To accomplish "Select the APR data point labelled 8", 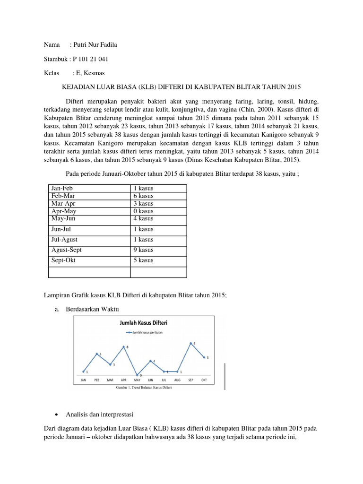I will pyautogui.click(x=124, y=347).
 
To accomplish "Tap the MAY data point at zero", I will pyautogui.click(x=138, y=374).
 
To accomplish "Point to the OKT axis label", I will pyautogui.click(x=204, y=380).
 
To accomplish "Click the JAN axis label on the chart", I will pyautogui.click(x=83, y=380).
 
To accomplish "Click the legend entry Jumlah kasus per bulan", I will pyautogui.click(x=144, y=333).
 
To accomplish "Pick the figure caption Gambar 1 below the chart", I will pyautogui.click(x=144, y=387).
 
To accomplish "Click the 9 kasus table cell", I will pyautogui.click(x=143, y=250).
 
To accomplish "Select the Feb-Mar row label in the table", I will pyautogui.click(x=63, y=196).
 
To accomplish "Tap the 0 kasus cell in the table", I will pyautogui.click(x=143, y=211).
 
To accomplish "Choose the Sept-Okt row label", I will pyautogui.click(x=64, y=260).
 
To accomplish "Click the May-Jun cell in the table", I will pyautogui.click(x=63, y=218).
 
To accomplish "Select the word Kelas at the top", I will pyautogui.click(x=51, y=73).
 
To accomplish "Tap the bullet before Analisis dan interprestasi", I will pyautogui.click(x=57, y=415).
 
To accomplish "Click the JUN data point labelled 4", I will pyautogui.click(x=151, y=361).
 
